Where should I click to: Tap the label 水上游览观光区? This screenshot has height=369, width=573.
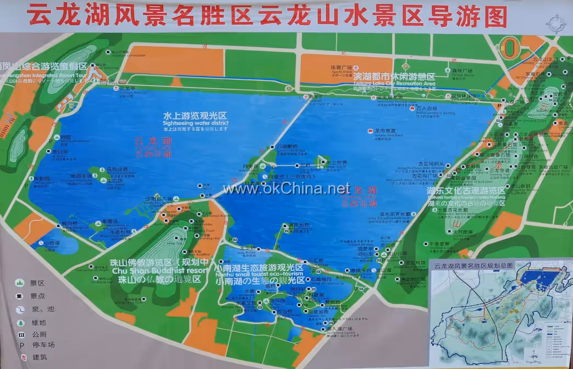195,115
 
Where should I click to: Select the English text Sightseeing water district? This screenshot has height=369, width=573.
195,123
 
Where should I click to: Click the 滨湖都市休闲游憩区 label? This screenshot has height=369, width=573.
394,76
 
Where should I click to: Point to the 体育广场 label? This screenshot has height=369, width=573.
341,67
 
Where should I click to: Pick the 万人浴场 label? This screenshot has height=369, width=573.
427,109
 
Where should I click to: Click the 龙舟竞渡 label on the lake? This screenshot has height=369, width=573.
385,131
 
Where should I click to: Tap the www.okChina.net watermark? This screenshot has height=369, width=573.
286,189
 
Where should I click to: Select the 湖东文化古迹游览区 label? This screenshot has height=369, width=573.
466,191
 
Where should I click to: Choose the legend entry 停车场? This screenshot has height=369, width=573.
43,345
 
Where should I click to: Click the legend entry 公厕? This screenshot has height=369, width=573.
39,334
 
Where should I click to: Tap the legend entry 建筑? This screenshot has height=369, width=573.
40,357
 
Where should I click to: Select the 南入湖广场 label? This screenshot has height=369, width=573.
339,329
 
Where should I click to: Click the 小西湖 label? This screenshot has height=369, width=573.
52,243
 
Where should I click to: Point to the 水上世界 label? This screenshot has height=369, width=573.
337,163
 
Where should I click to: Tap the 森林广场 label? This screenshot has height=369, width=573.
462,71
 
